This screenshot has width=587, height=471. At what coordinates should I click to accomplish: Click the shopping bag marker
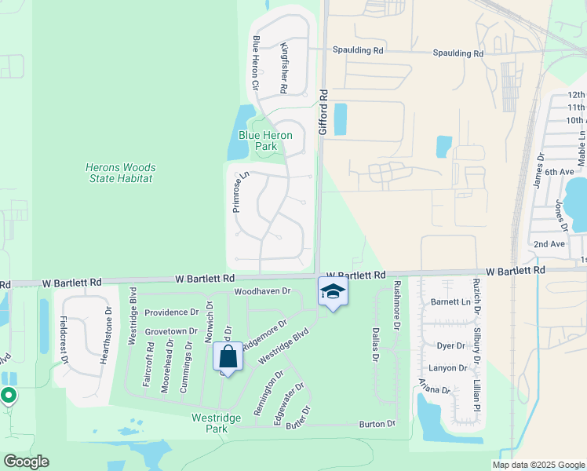[228, 356]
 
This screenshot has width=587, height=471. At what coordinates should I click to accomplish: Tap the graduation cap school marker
[333, 292]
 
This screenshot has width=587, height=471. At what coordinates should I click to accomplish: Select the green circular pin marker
[9, 396]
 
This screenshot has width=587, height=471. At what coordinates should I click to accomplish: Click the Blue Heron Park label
[267, 141]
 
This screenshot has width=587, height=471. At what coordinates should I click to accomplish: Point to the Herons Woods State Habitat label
[120, 173]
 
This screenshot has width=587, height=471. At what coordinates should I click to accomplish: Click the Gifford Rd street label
[322, 112]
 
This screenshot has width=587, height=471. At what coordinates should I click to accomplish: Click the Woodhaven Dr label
[262, 291]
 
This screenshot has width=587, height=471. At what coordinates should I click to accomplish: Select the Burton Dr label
[377, 424]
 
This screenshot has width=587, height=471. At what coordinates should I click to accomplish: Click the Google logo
[26, 462]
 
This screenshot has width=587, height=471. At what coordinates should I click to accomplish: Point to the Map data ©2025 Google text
[538, 465]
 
